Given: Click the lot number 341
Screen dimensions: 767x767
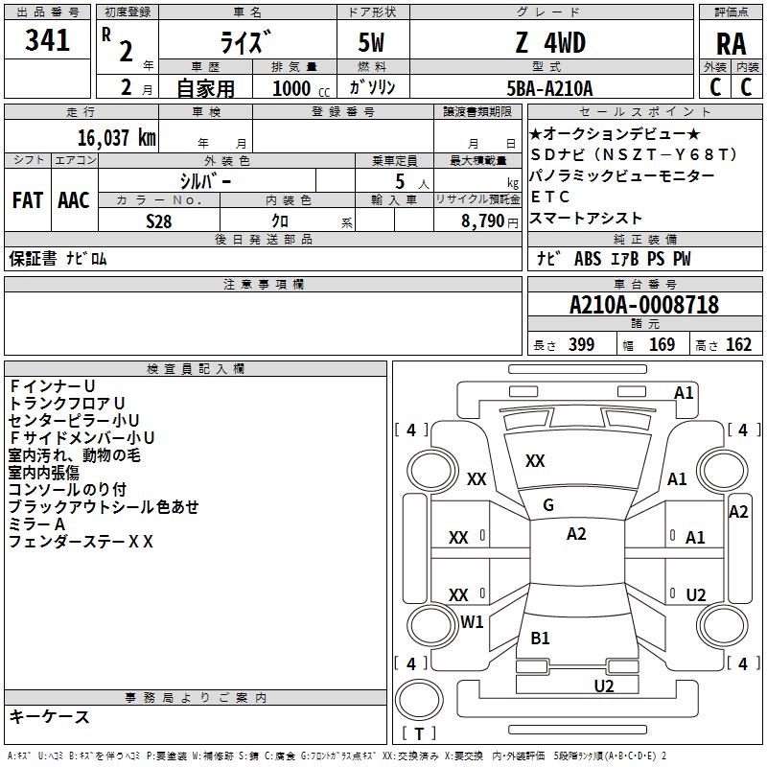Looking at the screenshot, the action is pos(48,40).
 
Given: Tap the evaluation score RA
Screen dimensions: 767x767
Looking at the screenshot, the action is pos(731,45).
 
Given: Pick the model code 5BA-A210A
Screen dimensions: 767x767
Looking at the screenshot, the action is pos(549,88).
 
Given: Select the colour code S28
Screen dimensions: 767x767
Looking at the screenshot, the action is pos(159,221).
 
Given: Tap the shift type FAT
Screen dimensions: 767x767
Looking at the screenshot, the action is pos(27,200).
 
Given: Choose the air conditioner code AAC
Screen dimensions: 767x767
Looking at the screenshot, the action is pos(73,200).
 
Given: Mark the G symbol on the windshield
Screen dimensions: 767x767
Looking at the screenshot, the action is pos(548,505).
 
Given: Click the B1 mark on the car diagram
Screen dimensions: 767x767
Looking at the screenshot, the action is pos(540,638).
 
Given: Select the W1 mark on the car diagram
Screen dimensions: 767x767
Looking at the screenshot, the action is pos(472,621).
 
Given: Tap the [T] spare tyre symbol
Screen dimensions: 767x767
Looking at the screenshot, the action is pos(418,734).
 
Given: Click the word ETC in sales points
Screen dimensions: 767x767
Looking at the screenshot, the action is pos(550,197).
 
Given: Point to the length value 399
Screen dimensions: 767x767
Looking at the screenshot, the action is pos(578,345).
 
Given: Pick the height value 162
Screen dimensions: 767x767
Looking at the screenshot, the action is pos(738,345).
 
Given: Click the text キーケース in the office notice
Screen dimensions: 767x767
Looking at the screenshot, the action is pos(49,716).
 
